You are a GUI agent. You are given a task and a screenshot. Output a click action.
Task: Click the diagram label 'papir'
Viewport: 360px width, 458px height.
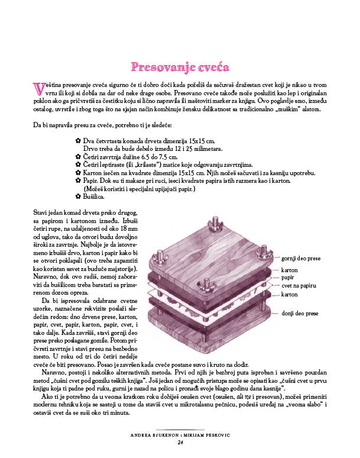pos(288,276)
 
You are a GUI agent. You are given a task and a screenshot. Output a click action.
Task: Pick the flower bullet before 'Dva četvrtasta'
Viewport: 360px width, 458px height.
pos(78,140)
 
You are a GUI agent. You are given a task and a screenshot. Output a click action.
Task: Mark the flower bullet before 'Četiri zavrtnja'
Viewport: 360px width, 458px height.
pos(78,156)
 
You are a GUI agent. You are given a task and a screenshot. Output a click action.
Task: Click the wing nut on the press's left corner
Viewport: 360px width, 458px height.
pos(160,258)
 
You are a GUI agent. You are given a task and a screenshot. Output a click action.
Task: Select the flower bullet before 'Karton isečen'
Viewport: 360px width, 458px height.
pos(78,172)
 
